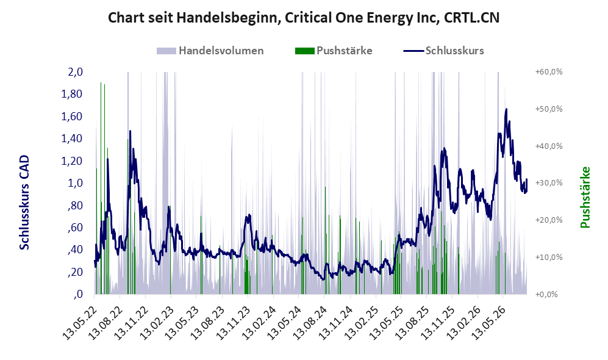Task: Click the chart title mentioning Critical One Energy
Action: click(304, 18)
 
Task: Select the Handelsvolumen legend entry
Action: click(210, 51)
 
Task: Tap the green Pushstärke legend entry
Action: click(334, 51)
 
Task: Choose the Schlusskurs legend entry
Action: click(443, 51)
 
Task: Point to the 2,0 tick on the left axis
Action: click(75, 72)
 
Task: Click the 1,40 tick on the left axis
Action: click(72, 139)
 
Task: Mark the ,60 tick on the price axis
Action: click(75, 228)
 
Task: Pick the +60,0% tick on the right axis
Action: click(549, 72)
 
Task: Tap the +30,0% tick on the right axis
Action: click(549, 182)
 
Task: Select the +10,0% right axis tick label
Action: click(549, 257)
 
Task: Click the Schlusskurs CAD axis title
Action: click(24, 203)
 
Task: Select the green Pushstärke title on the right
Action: click(585, 198)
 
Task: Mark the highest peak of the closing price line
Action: click(506, 109)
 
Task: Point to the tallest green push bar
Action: click(101, 188)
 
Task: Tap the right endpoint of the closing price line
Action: click(526, 179)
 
